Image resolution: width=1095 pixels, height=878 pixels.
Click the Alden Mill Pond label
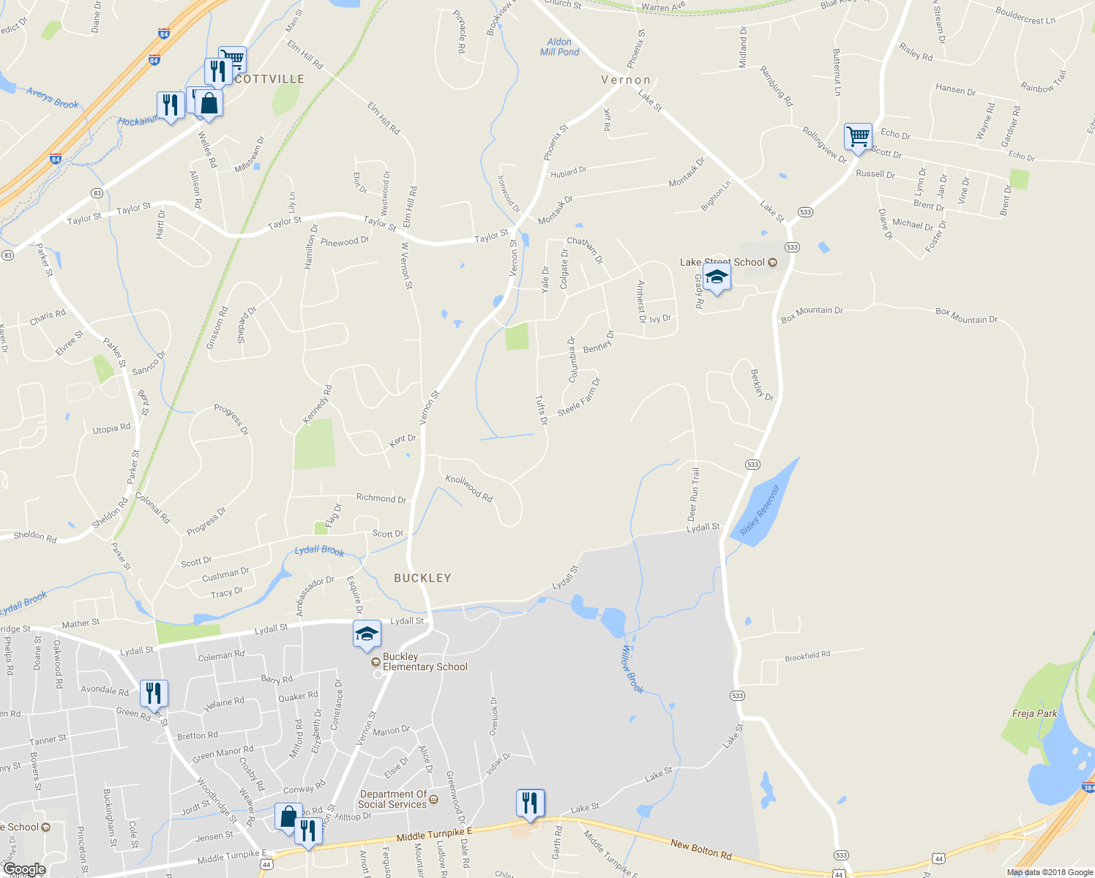click(559, 47)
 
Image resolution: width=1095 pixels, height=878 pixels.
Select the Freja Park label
click(1034, 713)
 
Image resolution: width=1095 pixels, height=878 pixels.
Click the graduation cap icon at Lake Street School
click(716, 277)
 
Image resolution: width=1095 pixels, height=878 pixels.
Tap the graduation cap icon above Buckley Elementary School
click(367, 634)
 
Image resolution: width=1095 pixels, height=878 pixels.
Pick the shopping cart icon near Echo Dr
click(858, 136)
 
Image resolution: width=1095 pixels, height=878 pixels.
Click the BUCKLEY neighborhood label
click(422, 578)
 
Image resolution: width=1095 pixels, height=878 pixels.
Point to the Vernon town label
click(626, 80)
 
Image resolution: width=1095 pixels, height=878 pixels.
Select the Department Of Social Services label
click(393, 799)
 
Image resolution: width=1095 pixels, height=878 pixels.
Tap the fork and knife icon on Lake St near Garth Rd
click(530, 803)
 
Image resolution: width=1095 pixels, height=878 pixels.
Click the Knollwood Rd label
click(469, 488)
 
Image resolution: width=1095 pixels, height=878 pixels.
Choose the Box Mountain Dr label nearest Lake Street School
click(812, 315)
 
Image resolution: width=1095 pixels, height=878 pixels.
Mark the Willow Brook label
click(632, 669)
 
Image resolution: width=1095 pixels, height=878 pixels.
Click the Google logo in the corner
click(24, 869)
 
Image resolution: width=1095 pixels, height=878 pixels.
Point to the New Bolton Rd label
click(700, 849)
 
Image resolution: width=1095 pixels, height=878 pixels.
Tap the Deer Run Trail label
click(693, 494)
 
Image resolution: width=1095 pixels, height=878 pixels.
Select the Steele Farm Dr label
click(579, 397)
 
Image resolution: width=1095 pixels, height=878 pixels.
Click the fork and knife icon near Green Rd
click(154, 694)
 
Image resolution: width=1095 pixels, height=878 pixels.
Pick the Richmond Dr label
click(381, 498)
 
